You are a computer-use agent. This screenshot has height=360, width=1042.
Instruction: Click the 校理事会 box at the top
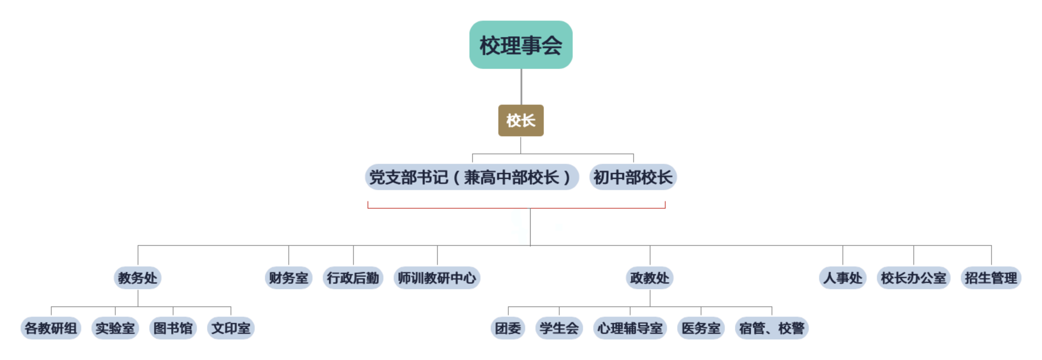pos(521,45)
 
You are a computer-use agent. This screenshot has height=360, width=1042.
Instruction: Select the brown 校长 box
pos(521,121)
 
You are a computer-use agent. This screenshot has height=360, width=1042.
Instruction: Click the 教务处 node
pos(138,278)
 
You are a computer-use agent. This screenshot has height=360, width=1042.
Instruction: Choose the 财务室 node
pos(288,278)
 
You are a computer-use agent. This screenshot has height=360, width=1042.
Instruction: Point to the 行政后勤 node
pos(353,278)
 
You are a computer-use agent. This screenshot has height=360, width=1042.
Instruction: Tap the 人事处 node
pos(843,278)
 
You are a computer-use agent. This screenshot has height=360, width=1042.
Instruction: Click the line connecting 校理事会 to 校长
pos(521,87)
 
